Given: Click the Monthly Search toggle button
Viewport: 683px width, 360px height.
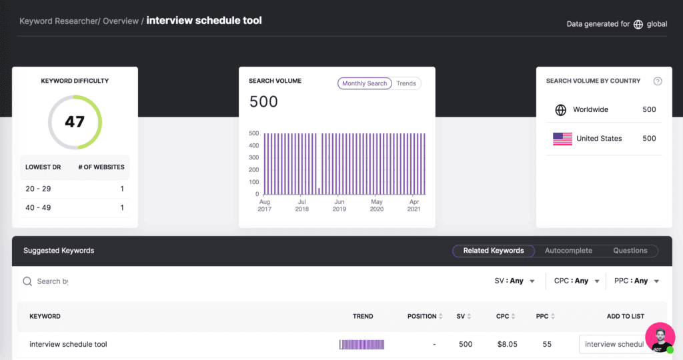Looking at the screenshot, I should pyautogui.click(x=364, y=83).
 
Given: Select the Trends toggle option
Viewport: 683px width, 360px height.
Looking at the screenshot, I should pyautogui.click(x=406, y=83).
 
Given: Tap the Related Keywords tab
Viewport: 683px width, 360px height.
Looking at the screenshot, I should pyautogui.click(x=494, y=251).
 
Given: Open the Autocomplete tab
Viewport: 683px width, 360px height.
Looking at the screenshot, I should pyautogui.click(x=568, y=251).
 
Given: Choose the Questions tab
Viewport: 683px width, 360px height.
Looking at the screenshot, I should pyautogui.click(x=630, y=251).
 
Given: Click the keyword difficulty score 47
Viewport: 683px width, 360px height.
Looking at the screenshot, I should pyautogui.click(x=75, y=122).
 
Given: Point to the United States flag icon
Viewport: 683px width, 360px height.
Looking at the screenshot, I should pyautogui.click(x=562, y=139).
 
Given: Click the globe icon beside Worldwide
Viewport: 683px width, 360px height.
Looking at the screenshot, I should pyautogui.click(x=561, y=110).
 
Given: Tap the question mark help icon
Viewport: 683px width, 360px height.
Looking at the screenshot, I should pyautogui.click(x=658, y=81).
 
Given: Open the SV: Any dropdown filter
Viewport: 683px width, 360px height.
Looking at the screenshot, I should pyautogui.click(x=515, y=281).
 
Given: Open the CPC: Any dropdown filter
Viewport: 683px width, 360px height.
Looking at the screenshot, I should pyautogui.click(x=576, y=281).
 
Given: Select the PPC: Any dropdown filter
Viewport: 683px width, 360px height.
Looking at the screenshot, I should pyautogui.click(x=636, y=281).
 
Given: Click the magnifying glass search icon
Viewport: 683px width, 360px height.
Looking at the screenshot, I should pyautogui.click(x=27, y=281).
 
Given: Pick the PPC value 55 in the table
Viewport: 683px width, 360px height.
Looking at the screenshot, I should pyautogui.click(x=547, y=345).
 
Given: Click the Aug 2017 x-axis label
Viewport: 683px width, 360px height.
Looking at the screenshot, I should pyautogui.click(x=264, y=205).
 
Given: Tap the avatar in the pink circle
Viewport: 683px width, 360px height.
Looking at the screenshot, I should pyautogui.click(x=660, y=337).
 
